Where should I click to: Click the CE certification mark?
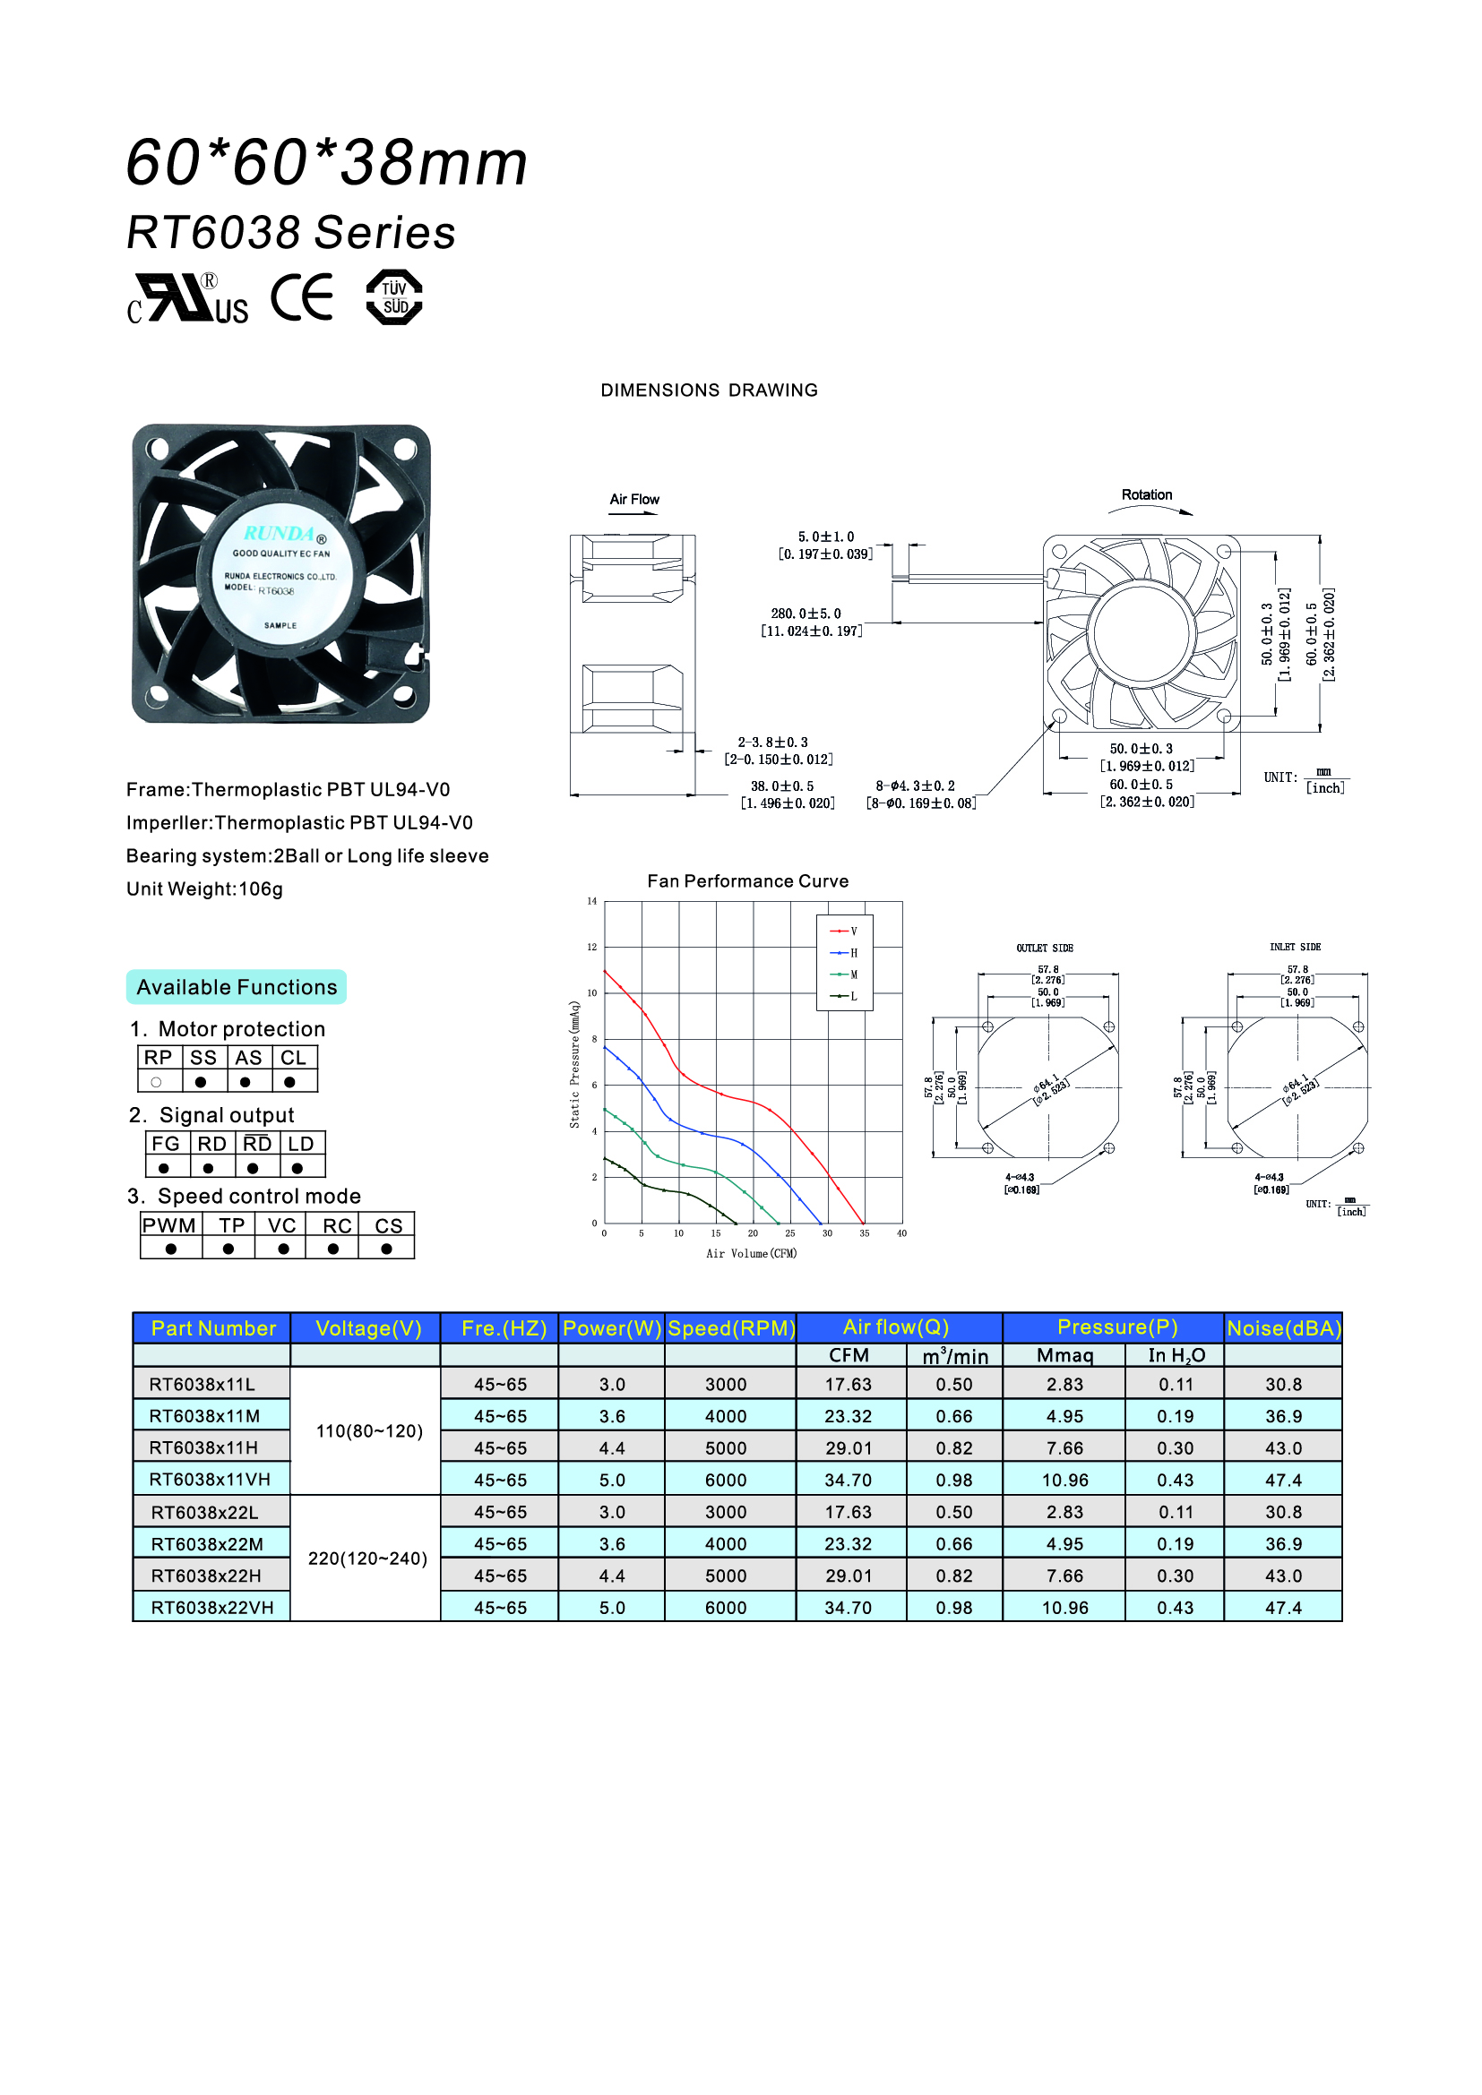302,297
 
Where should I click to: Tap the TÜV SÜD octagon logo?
394,297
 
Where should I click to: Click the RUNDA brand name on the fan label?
280,534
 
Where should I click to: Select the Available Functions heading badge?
237,987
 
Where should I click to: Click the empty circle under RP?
157,1082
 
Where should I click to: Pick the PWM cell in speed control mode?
169,1225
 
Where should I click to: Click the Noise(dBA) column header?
1283,1328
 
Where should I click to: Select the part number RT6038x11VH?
211,1479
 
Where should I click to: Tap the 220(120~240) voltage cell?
367,1558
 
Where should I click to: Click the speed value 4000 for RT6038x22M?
726,1544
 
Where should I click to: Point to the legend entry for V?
844,932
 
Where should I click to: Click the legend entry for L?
844,996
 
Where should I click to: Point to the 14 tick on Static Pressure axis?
592,902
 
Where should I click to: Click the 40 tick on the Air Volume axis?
901,1233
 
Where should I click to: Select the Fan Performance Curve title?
748,881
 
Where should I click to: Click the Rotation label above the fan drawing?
1147,494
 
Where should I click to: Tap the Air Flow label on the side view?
634,499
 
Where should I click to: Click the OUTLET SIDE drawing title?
1045,948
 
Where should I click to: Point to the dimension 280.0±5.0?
806,614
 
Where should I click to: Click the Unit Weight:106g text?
204,889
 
